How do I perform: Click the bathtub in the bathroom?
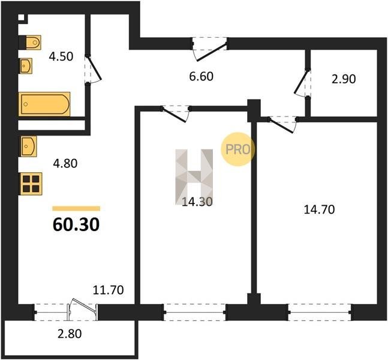(44, 104)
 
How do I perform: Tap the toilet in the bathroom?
(30, 43)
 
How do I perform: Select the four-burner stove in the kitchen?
(31, 184)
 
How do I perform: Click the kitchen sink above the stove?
(28, 146)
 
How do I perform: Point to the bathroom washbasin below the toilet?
(26, 66)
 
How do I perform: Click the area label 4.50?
(61, 56)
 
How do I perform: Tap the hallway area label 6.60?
(201, 76)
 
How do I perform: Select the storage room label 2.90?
(344, 79)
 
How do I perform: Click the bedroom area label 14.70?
(319, 209)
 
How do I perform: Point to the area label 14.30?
(197, 202)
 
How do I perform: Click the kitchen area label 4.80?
(65, 163)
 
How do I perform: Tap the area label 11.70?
(108, 290)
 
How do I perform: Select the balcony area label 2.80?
(70, 334)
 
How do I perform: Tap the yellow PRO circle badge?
(238, 149)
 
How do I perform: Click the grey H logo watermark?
(194, 177)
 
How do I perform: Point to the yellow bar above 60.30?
(76, 208)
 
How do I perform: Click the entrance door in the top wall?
(210, 49)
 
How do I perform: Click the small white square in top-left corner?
(21, 17)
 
